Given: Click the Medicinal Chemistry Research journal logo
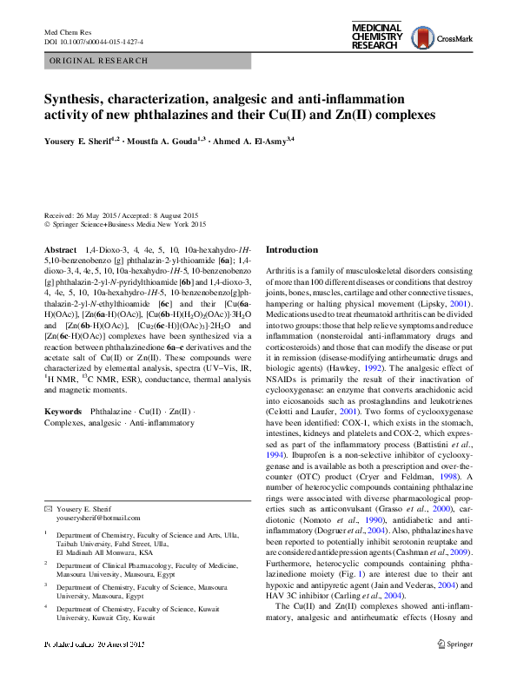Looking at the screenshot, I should (376, 36).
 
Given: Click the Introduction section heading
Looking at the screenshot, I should (292, 250).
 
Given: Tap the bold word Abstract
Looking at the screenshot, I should (59, 250).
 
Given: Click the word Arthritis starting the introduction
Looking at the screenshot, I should (282, 273).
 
